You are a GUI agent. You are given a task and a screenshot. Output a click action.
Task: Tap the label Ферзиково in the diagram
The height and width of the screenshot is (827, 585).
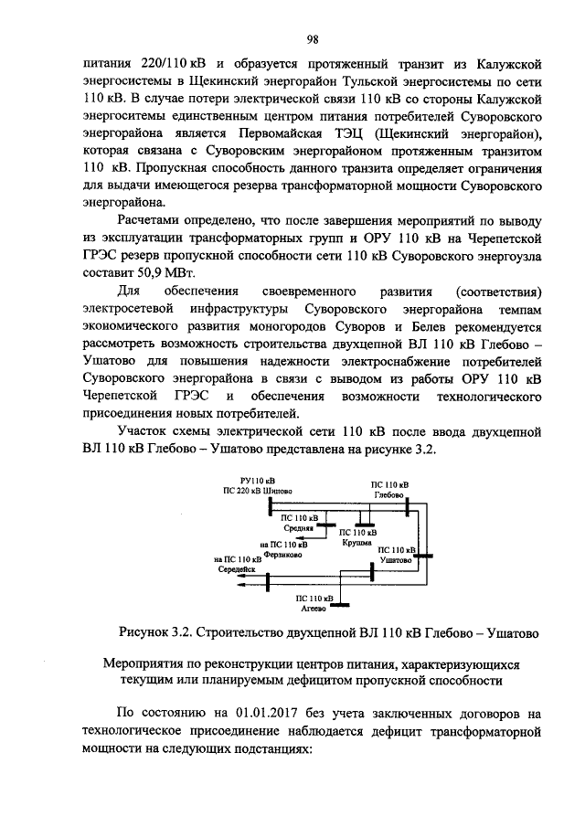click(285, 554)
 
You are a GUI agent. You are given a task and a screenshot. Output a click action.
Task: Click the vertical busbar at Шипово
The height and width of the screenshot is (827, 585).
click(271, 505)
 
